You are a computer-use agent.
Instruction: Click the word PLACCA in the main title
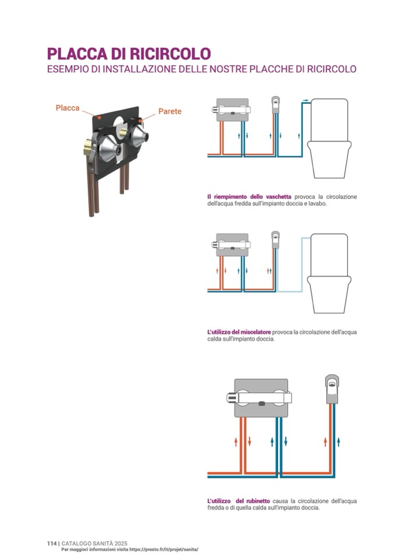coord(77,54)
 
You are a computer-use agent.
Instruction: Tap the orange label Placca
coord(68,108)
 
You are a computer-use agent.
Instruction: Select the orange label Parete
coord(170,111)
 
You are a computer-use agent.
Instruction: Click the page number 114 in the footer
coord(52,543)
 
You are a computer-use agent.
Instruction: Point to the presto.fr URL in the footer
coord(164,550)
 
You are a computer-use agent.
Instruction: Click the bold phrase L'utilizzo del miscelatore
coord(239,332)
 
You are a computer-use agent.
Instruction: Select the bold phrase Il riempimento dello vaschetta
coord(249,196)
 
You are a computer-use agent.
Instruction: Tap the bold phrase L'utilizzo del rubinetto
coord(239,501)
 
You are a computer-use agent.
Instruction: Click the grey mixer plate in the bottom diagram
coord(261,398)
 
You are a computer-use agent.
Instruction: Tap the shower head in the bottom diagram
coord(331,389)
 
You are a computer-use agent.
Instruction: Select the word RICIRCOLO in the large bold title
coord(170,54)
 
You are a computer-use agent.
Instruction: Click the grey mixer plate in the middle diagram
coord(232,243)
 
